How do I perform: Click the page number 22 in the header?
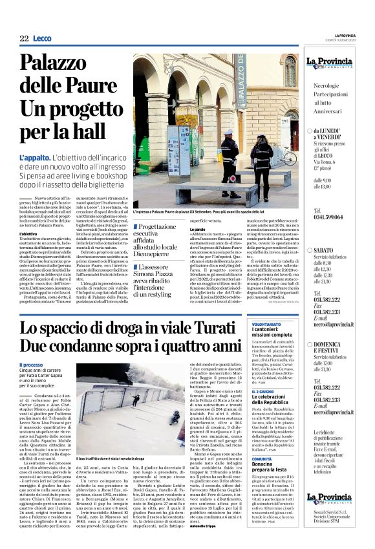(x=23, y=39)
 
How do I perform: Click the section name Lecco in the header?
(x=42, y=39)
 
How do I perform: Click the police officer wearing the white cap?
(x=230, y=162)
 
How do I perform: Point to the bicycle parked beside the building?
(x=288, y=155)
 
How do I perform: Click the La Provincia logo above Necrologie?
(x=328, y=64)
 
